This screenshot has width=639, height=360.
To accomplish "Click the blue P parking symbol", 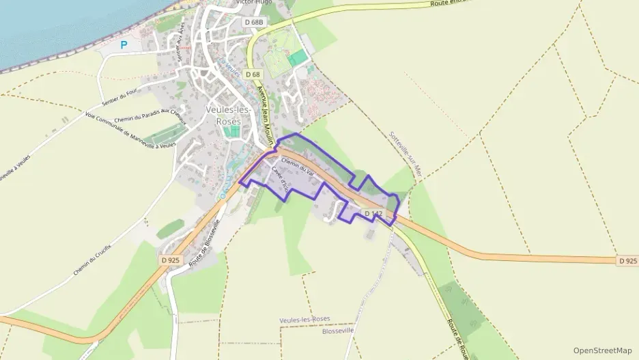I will point(124,45).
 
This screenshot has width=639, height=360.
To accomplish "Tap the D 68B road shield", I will point(254,22).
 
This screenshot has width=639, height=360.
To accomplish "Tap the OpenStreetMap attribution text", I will point(602,350).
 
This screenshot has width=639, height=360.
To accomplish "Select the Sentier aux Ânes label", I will point(182,42).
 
